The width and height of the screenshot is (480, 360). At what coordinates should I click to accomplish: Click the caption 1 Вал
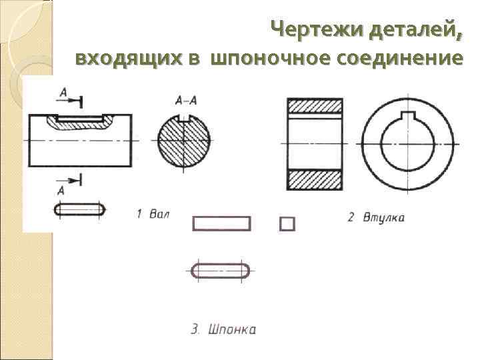[153, 214]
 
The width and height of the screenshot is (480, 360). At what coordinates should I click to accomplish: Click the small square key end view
[287, 223]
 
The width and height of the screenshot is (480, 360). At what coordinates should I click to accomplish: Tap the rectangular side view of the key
[221, 223]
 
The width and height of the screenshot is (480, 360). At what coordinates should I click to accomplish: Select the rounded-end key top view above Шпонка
[221, 270]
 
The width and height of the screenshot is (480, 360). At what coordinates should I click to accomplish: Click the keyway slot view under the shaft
[79, 209]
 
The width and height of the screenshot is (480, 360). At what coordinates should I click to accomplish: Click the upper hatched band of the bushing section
[315, 107]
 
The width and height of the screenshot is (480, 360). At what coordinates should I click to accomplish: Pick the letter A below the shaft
[61, 191]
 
